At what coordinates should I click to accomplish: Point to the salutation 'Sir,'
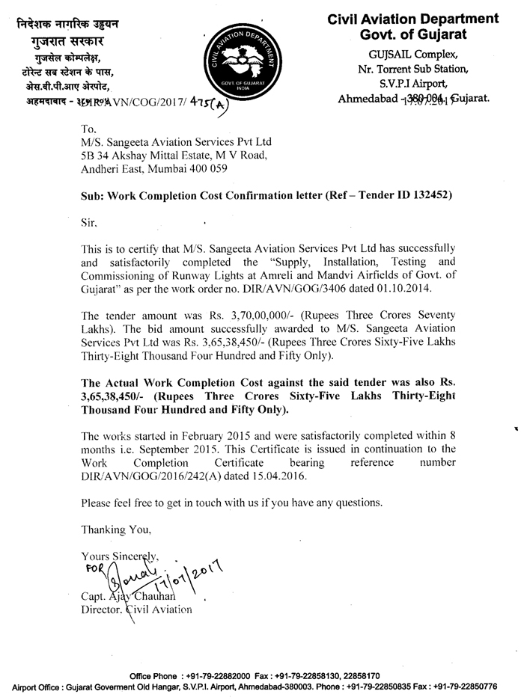[90, 222]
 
